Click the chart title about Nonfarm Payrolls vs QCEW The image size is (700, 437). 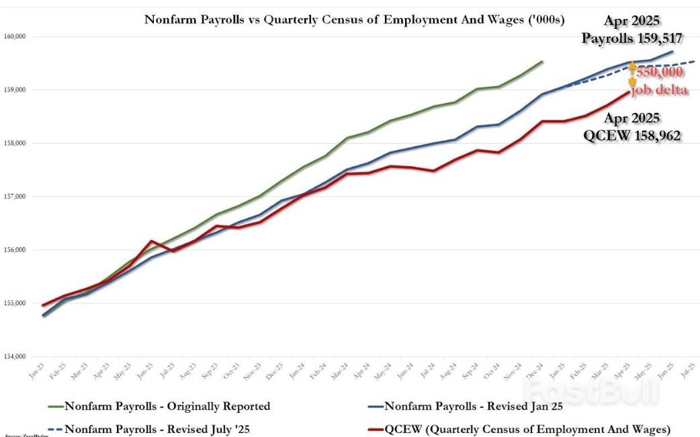point(353,19)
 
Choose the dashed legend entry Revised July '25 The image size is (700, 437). point(157,428)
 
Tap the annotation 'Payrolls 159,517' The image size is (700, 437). point(632,38)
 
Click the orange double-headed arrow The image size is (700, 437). point(631,77)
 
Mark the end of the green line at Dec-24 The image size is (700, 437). point(543,61)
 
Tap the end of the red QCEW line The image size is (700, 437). point(629,92)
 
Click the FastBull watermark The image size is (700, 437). point(591,391)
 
